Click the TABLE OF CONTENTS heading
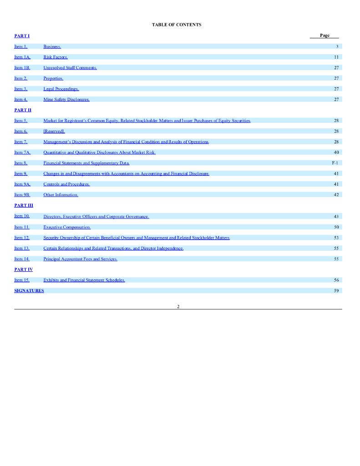click(177, 25)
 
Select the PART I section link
click(22, 35)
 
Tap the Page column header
click(325, 35)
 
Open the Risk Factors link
click(56, 57)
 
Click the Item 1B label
click(22, 68)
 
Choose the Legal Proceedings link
click(61, 89)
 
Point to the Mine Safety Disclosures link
click(66, 100)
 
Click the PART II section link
click(23, 110)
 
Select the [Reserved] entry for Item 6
click(54, 131)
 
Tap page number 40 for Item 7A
click(336, 152)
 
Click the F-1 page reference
click(335, 163)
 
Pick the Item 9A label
click(22, 184)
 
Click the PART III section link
click(24, 206)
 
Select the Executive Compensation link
click(67, 227)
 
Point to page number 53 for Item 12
click(336, 238)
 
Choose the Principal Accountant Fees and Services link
click(80, 259)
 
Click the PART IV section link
click(24, 269)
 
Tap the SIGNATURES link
click(29, 291)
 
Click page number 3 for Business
click(337, 46)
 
